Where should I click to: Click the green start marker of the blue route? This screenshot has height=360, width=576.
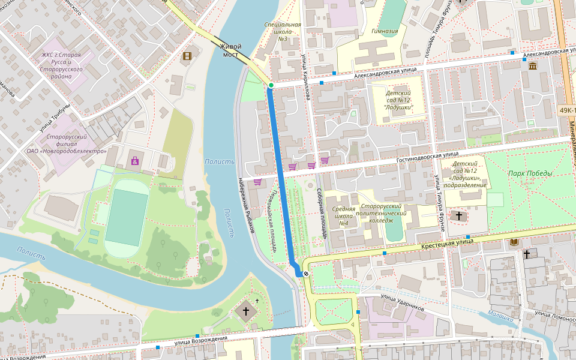271,86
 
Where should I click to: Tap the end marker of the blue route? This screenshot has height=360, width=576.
306,274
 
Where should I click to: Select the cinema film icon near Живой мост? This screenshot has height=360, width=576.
187,56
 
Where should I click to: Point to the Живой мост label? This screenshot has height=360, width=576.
230,50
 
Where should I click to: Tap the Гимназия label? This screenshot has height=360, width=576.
385,31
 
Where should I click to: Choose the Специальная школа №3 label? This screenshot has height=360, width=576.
282,32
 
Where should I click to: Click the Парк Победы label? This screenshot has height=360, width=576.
530,173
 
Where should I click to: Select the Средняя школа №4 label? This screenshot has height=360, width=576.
344,216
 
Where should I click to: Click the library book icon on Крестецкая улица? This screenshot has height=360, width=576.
514,242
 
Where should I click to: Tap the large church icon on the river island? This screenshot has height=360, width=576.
245,311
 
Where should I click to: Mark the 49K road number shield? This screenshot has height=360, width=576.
567,111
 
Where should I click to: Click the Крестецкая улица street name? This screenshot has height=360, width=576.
447,242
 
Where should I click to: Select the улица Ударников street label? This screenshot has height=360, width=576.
403,307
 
